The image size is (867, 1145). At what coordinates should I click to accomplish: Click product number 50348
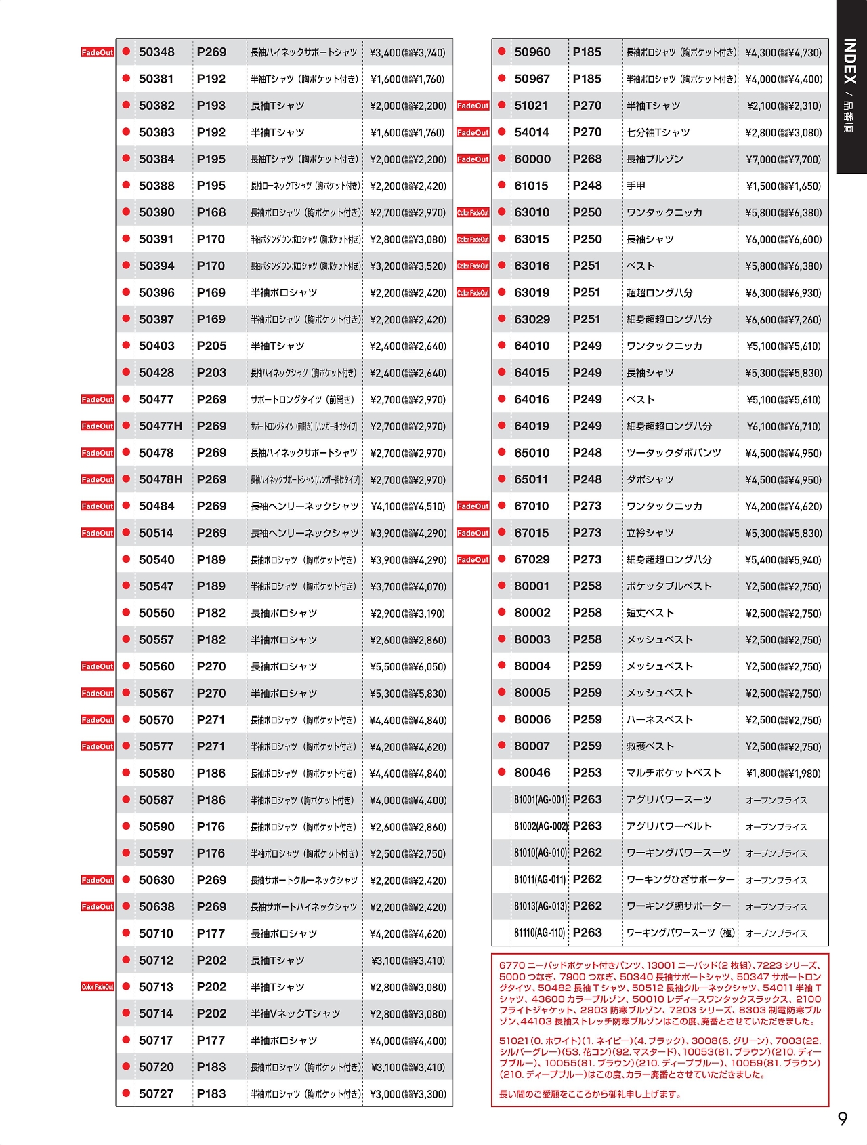point(156,52)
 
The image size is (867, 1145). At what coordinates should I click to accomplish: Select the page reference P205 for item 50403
point(211,346)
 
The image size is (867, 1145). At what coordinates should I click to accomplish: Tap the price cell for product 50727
point(408,1094)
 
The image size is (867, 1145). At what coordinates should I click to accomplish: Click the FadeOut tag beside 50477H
point(98,426)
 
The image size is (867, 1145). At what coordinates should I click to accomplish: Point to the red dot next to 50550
point(126,612)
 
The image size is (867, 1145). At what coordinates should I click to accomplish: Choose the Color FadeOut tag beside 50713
point(98,987)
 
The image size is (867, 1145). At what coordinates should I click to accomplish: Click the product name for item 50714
point(295,1014)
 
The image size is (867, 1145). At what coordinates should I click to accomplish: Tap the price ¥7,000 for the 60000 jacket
point(783,159)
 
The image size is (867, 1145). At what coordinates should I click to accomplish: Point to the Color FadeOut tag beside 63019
point(473,293)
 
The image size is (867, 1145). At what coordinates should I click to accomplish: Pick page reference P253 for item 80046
point(587,773)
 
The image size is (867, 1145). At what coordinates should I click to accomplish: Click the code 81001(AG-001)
point(541,800)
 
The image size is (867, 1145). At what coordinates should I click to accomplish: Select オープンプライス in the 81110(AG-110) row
point(776,933)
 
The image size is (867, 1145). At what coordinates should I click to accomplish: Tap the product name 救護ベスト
point(650,746)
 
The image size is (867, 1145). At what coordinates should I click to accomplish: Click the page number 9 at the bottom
point(843,1119)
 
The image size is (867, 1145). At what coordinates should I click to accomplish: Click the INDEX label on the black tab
point(851,61)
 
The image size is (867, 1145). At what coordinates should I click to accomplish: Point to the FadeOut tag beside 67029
point(473,560)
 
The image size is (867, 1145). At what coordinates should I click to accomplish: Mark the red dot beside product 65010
point(501,452)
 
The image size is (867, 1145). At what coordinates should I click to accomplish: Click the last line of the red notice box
point(590,1094)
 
